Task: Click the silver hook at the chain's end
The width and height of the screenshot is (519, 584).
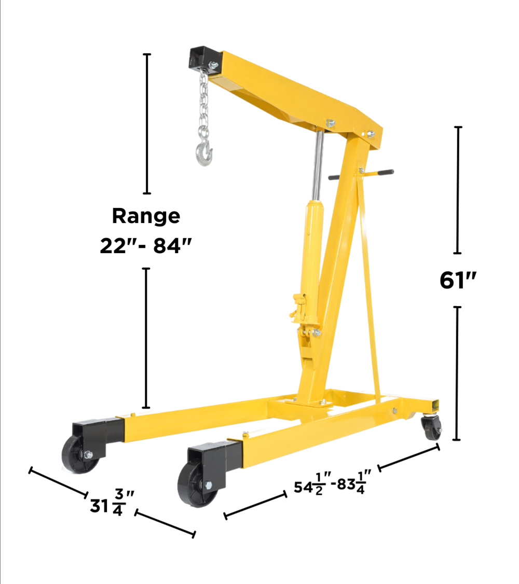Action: pos(204,152)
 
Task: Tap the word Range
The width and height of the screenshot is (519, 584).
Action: pos(146,216)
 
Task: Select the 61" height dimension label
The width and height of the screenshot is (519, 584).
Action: pos(458,280)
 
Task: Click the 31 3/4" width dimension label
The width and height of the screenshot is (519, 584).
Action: pos(112,503)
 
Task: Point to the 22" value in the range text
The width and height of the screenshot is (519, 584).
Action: pos(118,246)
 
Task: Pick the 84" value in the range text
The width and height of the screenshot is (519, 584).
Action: pos(172,246)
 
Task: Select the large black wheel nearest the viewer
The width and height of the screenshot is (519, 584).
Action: pos(197,484)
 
